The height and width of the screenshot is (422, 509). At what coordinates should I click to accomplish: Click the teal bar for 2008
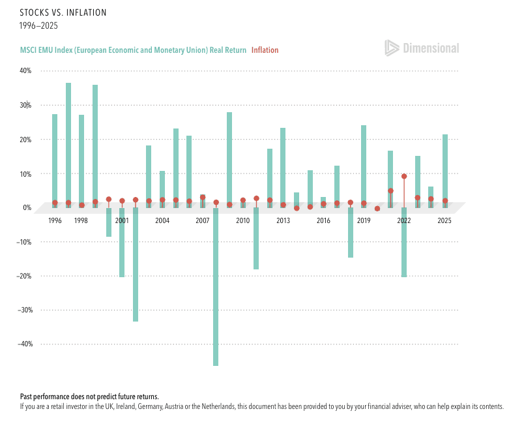216,287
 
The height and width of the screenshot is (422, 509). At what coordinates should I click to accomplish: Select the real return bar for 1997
68,145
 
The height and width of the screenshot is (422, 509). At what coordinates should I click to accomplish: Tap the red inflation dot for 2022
404,176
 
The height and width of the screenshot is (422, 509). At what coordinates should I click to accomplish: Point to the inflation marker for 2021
390,190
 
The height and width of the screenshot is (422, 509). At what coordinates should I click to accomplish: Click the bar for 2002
136,264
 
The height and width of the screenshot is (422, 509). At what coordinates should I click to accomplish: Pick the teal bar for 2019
364,167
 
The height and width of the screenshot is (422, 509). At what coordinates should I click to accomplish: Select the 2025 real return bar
444,171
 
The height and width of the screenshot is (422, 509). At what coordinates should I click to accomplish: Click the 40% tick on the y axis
25,70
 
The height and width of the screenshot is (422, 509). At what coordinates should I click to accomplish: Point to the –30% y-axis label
25,310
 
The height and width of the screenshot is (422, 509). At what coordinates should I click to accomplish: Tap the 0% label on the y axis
27,207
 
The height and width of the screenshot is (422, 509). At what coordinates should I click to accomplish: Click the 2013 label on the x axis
283,220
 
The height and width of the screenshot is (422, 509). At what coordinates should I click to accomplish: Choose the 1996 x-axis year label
55,220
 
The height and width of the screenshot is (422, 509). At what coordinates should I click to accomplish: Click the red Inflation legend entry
265,50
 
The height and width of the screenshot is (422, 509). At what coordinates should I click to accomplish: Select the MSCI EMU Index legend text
133,50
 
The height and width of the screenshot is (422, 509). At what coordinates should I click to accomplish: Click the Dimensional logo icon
392,48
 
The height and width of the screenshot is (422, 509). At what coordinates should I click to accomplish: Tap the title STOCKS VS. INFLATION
63,12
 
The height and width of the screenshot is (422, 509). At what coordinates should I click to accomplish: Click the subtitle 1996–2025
38,25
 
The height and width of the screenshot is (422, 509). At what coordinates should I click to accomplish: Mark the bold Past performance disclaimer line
89,397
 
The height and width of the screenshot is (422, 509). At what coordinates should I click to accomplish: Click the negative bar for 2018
350,233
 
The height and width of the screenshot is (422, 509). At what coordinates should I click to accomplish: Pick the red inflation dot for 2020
377,209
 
